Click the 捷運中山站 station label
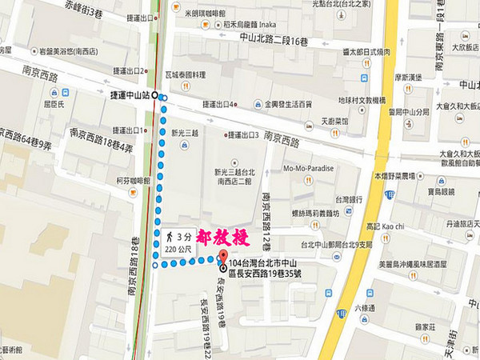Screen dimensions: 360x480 [130, 95]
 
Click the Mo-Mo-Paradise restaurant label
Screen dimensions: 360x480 [309, 169]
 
